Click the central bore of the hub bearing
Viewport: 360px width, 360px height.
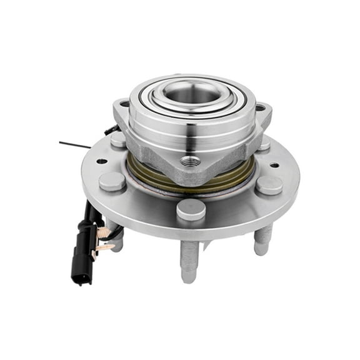point(192,94)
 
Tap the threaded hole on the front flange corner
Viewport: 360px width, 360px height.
point(191,161)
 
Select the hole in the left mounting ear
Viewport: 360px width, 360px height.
point(124,104)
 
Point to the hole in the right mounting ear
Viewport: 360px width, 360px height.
point(260,108)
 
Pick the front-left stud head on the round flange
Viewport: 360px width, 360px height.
point(112,181)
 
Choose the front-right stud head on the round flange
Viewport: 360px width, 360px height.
point(269,184)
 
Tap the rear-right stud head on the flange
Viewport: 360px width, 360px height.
point(264,145)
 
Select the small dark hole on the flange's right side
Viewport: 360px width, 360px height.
point(274,166)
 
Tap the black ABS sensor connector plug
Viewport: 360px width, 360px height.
point(82,256)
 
